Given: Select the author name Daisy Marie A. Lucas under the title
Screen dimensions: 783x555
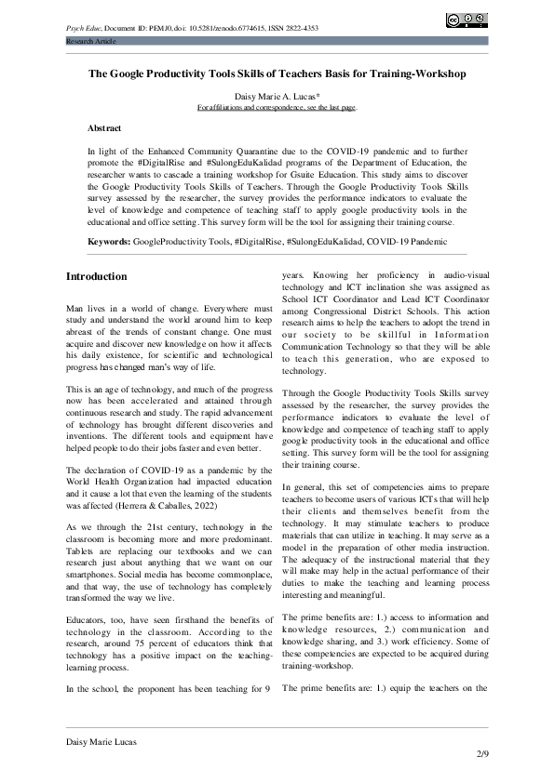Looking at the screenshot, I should [x=277, y=96].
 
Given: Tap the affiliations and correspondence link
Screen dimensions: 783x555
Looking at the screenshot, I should [x=277, y=108].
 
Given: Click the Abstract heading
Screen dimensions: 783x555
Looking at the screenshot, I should [x=103, y=127].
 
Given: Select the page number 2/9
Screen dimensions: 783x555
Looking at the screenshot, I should [x=481, y=752].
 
